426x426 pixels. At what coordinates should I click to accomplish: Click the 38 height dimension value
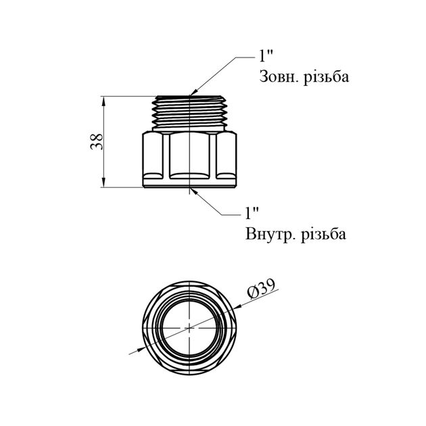97,141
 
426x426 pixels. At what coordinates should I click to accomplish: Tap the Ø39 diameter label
262,289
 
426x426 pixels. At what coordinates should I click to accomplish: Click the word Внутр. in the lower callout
270,234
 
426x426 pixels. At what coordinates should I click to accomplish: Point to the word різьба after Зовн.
326,77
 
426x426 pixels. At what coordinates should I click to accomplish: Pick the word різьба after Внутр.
324,234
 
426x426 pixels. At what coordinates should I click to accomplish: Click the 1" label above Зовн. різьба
266,56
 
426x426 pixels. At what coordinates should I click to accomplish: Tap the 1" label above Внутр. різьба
252,213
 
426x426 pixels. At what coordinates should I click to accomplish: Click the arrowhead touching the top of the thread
194,93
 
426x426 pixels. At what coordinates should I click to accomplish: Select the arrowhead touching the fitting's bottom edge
194,191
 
